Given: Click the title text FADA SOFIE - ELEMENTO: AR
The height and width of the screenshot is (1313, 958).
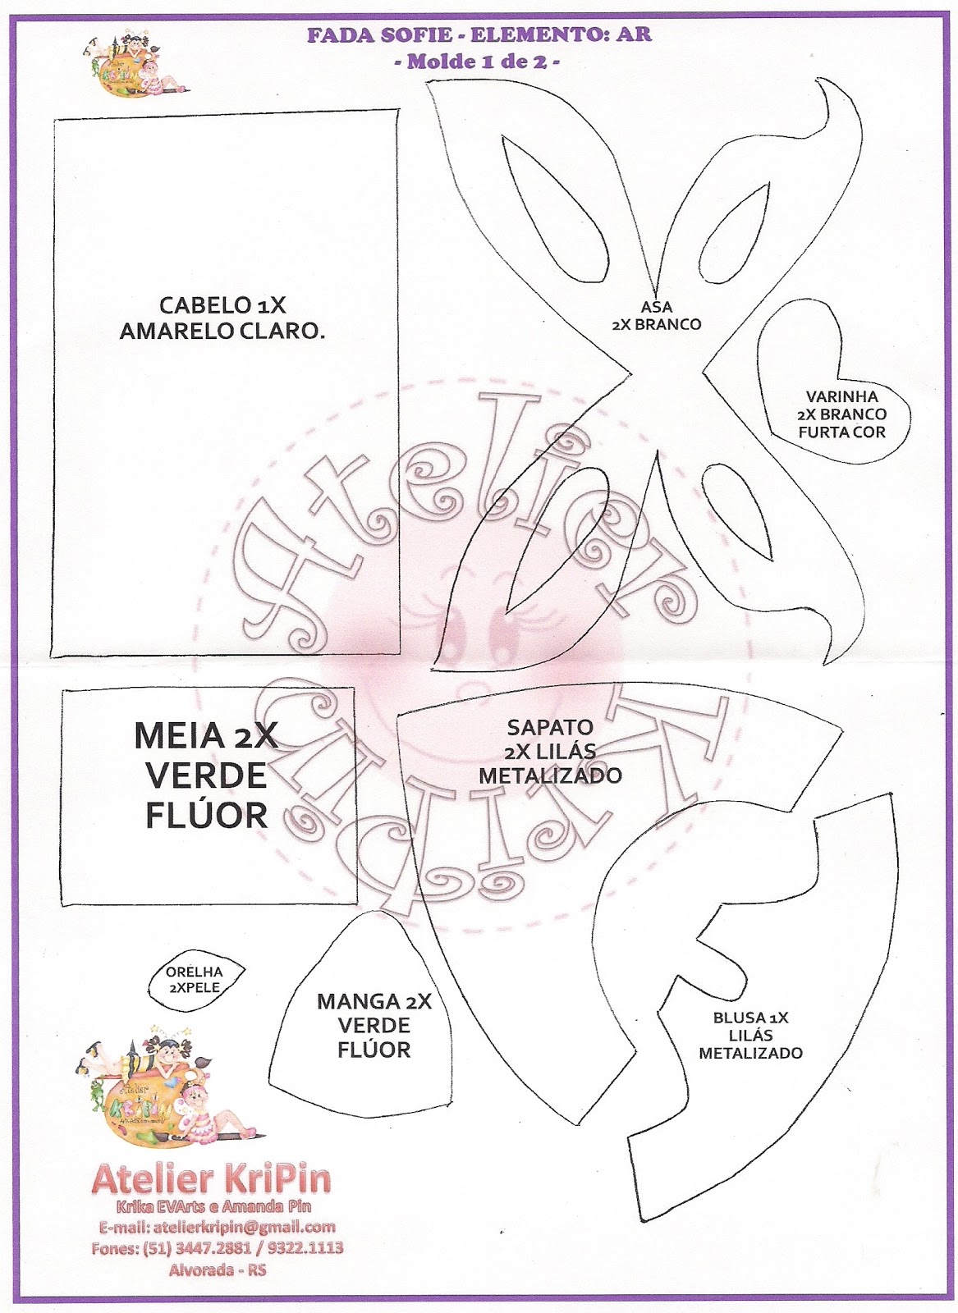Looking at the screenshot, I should point(479,35).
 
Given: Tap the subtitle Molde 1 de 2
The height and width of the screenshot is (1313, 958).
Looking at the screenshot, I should point(479,62).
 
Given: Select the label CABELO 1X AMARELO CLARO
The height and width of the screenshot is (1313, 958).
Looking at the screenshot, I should point(222,318).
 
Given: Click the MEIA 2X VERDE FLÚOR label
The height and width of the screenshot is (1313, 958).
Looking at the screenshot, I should point(206,775).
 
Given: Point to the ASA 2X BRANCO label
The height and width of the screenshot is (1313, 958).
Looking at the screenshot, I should point(657,315).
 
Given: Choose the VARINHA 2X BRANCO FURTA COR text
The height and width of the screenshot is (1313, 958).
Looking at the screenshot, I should point(841,414).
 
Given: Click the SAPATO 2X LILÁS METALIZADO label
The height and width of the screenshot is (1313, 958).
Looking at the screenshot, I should point(550,751).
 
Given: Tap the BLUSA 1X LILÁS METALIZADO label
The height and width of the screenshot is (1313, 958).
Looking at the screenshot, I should point(750,1035).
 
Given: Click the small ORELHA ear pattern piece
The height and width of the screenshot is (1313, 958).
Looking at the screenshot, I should point(195,980).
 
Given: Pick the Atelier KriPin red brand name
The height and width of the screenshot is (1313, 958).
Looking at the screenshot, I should point(212,1179).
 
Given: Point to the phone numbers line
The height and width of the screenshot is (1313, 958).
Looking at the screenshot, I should point(217,1248).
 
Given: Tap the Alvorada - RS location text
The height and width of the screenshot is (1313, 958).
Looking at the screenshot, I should point(217,1269).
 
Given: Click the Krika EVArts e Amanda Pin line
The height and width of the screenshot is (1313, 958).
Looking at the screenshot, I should point(213,1206).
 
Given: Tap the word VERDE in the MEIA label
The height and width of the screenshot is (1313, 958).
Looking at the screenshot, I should point(206,775).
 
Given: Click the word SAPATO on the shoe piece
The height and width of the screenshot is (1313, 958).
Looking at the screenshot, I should point(550,727).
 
